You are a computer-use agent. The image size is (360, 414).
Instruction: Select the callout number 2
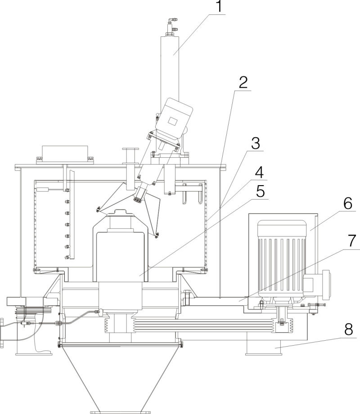point(243,83)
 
